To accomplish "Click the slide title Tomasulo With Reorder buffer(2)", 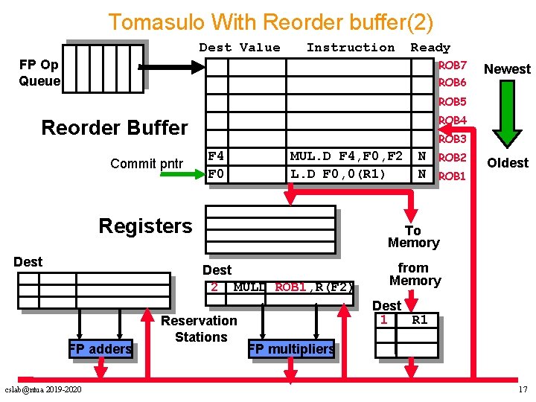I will click(x=270, y=22).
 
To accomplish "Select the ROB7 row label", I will click(x=452, y=66).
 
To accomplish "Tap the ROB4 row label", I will click(x=452, y=120).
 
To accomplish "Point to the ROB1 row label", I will click(x=452, y=176).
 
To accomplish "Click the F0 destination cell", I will click(x=217, y=174).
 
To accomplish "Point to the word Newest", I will click(x=507, y=69).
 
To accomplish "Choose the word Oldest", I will click(x=507, y=163).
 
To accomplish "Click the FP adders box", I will click(x=100, y=348).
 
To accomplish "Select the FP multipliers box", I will click(x=291, y=349).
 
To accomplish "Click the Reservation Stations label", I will click(x=199, y=329).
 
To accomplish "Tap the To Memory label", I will click(x=413, y=237).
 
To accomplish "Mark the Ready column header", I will click(x=430, y=48).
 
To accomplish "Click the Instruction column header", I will click(x=351, y=48).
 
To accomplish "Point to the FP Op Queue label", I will click(x=39, y=73).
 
